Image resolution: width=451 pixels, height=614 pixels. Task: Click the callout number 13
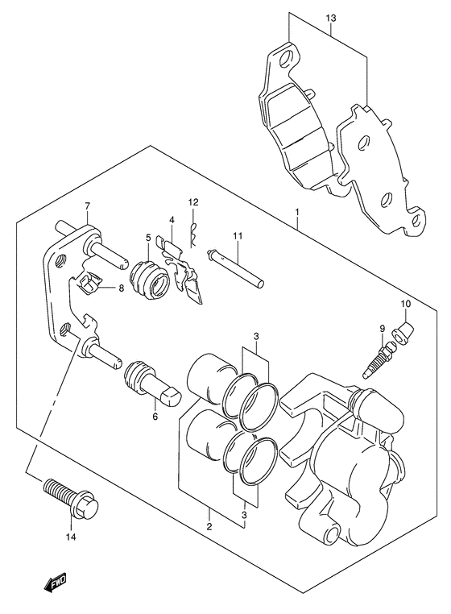click(331, 18)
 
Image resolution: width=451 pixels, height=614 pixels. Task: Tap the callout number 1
click(297, 212)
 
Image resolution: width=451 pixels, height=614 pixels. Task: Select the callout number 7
click(87, 205)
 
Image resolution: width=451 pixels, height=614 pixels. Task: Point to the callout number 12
click(193, 202)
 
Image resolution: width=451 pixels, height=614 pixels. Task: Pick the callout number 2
click(209, 526)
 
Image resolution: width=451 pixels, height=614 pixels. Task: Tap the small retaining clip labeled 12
click(192, 235)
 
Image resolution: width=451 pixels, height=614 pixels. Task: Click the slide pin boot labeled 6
click(152, 383)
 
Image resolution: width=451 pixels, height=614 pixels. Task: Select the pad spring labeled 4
click(181, 269)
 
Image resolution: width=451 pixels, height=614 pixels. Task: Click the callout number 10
click(406, 303)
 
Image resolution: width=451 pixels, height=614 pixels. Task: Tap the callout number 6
click(155, 417)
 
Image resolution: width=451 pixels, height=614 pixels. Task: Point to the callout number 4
click(172, 220)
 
